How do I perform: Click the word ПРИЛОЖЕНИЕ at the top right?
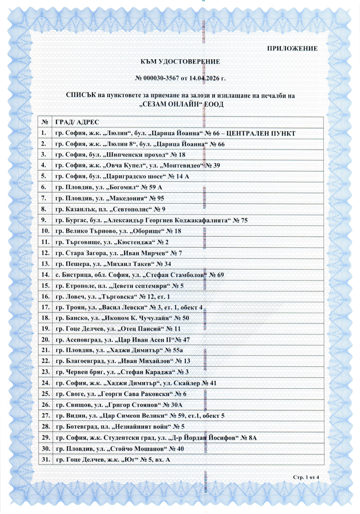pos(293,48)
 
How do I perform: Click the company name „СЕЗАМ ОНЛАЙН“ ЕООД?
pos(180,104)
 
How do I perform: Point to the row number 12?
pos(44,253)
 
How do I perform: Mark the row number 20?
pos(44,340)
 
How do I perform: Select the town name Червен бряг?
pos(82,373)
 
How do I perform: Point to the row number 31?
pos(44,460)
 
